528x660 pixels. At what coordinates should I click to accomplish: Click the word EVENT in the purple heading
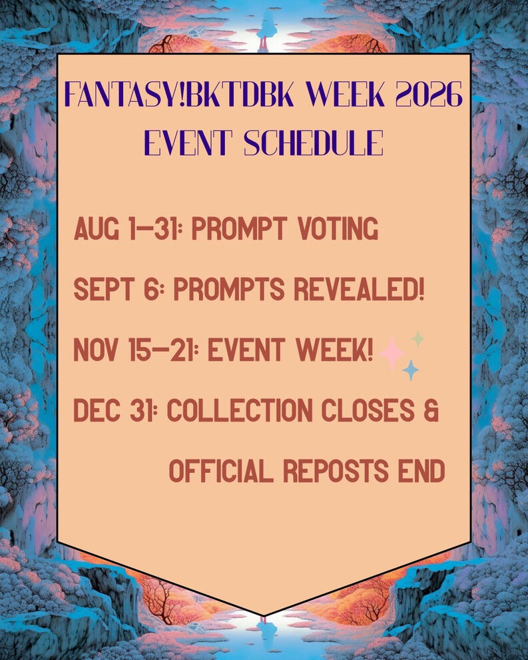coord(188,143)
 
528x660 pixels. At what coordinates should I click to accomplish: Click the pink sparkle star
coord(392,354)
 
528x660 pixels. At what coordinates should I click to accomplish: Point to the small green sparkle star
coord(417,339)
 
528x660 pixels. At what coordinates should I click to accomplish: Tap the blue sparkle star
coord(411,370)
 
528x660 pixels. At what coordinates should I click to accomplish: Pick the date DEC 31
coord(113,410)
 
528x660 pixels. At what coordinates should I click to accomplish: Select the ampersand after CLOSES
coord(431,410)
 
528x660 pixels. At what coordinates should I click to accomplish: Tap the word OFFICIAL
coord(221,471)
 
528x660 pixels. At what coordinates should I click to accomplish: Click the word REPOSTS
coord(336,471)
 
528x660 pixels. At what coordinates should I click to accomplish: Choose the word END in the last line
coord(422,471)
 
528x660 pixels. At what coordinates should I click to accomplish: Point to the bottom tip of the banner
coord(264,615)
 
